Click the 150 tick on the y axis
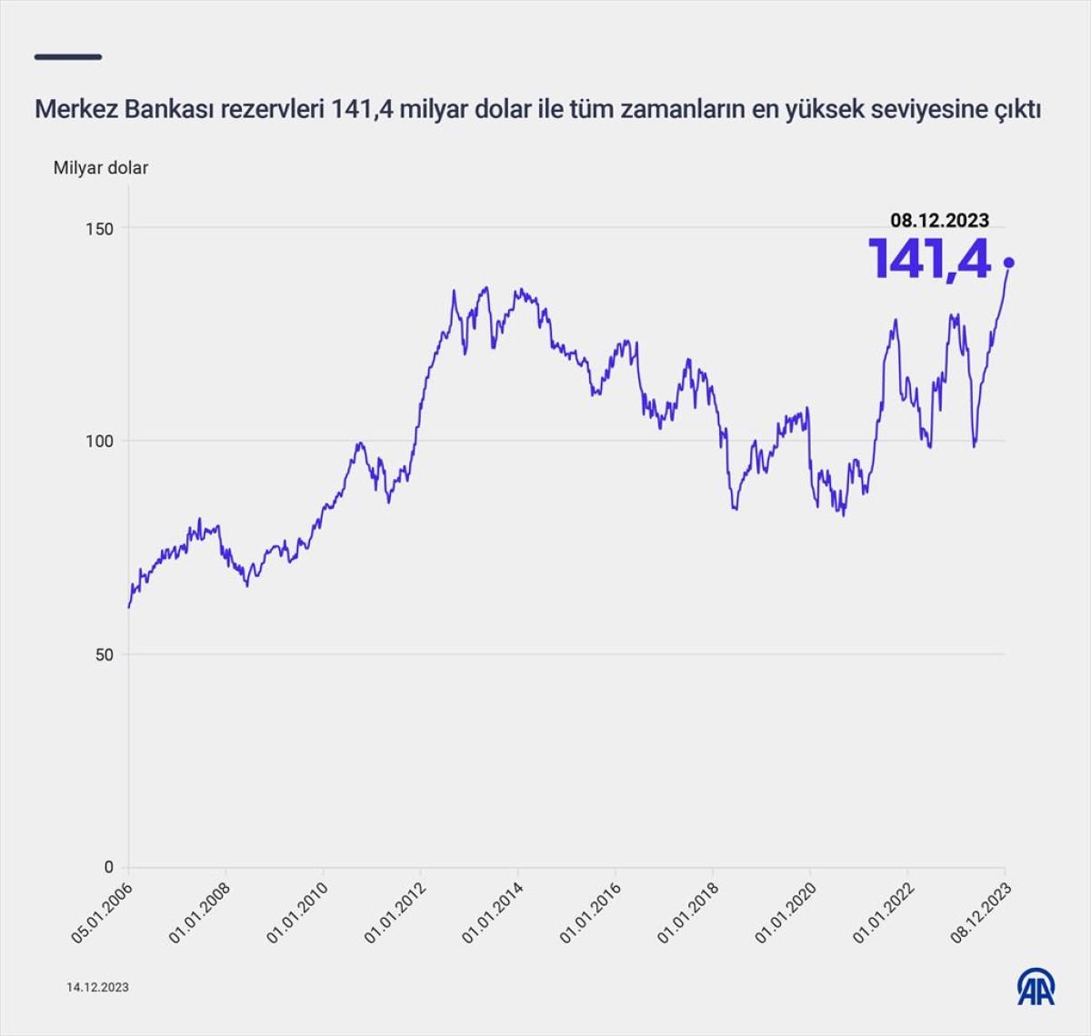click(100, 228)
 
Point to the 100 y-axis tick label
click(100, 441)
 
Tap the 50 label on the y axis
click(105, 654)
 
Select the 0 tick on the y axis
click(108, 867)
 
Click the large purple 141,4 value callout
click(928, 259)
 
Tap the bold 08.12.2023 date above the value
click(939, 220)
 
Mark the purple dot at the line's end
click(1008, 263)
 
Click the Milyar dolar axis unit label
click(100, 167)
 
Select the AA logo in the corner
click(1036, 987)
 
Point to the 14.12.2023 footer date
click(97, 987)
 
